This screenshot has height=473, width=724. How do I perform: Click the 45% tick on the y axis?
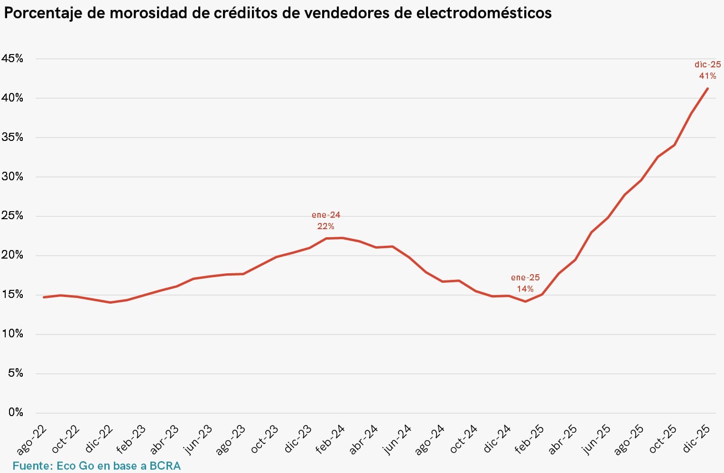12,58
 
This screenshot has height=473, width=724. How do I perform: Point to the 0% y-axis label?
16,412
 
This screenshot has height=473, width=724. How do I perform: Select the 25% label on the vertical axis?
12,216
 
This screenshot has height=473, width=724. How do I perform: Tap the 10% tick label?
12,334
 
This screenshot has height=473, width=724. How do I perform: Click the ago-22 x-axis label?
32,440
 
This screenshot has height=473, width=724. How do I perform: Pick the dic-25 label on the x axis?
696,439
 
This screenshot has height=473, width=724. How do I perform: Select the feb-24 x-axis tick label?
330,440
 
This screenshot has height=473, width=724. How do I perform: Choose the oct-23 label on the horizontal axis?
264,439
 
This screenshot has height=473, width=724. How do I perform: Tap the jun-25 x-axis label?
596,440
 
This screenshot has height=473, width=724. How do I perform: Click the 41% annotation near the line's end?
707,76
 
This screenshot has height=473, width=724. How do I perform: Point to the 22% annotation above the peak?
325,226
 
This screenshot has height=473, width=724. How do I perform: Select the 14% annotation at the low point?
525,289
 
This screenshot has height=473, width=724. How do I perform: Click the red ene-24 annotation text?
325,215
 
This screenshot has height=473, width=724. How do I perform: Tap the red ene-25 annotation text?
525,278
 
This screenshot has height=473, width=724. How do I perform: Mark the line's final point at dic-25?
707,88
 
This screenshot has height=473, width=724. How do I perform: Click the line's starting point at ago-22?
44,297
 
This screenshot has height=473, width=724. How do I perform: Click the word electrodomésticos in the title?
484,13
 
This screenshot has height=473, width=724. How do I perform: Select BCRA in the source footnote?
165,466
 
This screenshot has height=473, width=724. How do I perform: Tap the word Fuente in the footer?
31,466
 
